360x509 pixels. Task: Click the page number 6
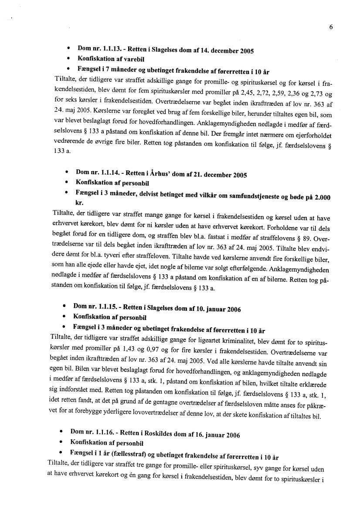[331, 27]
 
